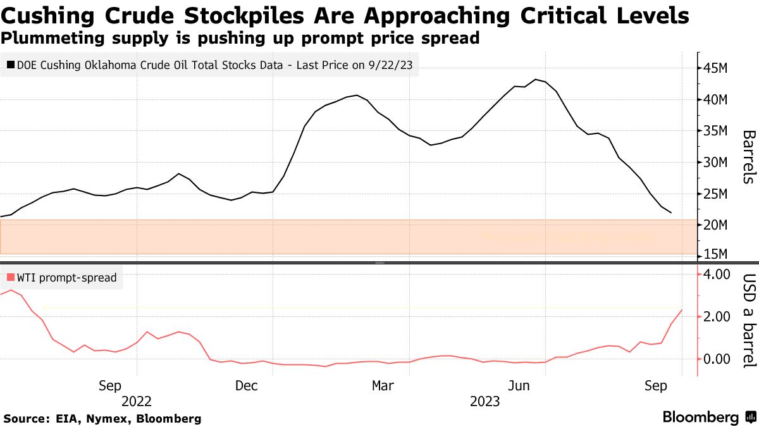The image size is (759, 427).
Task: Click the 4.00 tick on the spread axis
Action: click(x=713, y=274)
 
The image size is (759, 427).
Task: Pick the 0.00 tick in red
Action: click(x=713, y=359)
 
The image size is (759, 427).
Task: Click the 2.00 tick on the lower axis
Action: click(x=713, y=316)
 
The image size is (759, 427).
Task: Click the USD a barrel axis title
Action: click(x=748, y=321)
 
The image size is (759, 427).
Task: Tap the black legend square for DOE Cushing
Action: click(x=11, y=64)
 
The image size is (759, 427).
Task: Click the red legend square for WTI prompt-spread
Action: click(x=11, y=277)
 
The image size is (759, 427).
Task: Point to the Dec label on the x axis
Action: click(x=245, y=385)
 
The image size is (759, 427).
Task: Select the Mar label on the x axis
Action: click(x=383, y=385)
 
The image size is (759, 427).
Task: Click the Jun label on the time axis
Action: click(x=519, y=385)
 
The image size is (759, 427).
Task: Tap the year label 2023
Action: click(x=484, y=401)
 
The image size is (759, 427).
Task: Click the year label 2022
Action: click(x=136, y=401)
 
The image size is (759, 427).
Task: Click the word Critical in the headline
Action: click(x=546, y=15)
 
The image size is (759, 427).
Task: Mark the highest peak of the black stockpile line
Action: click(x=536, y=79)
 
